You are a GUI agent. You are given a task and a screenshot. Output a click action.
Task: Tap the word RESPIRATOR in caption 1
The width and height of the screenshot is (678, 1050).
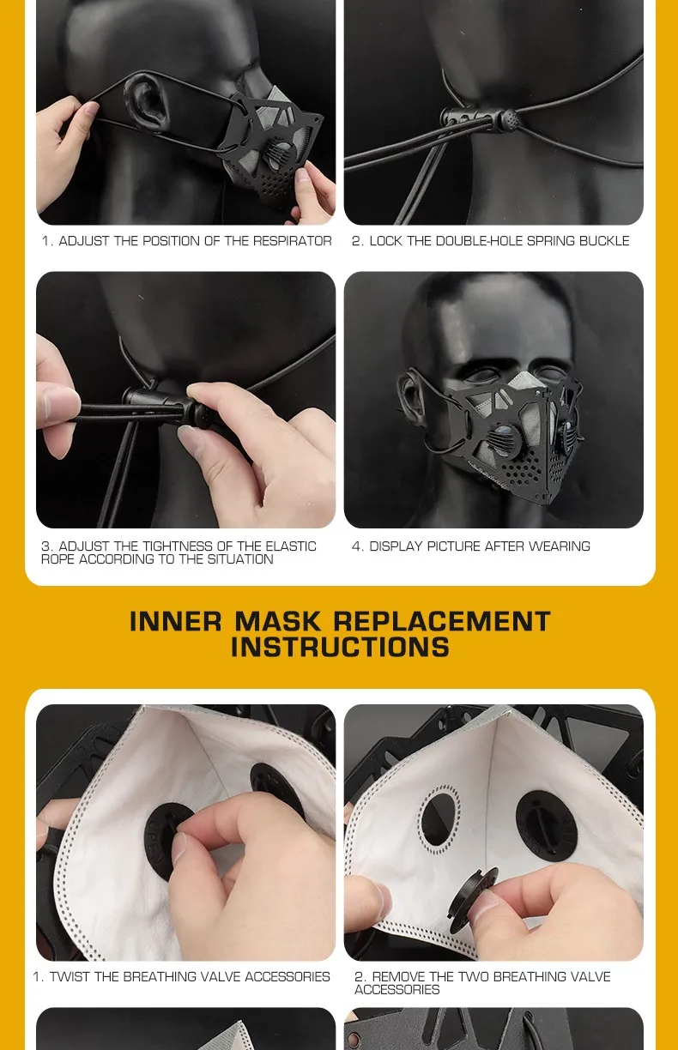click(x=292, y=241)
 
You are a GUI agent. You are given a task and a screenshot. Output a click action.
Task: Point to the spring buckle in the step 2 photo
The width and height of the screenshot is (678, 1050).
click(x=480, y=120)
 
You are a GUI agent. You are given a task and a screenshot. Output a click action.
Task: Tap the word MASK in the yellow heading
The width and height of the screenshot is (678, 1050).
click(x=278, y=622)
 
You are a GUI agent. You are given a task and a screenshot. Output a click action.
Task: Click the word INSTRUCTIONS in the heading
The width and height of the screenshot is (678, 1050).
click(x=340, y=647)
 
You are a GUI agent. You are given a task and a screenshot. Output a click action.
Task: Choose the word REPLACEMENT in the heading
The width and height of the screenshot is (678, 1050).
click(x=442, y=622)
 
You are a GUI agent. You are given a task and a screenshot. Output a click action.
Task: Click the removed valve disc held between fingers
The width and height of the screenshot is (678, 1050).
click(x=472, y=900)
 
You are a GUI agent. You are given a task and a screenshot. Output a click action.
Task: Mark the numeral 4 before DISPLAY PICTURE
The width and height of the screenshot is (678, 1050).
click(x=356, y=546)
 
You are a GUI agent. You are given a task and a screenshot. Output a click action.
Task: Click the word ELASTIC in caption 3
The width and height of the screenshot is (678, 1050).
click(x=291, y=546)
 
